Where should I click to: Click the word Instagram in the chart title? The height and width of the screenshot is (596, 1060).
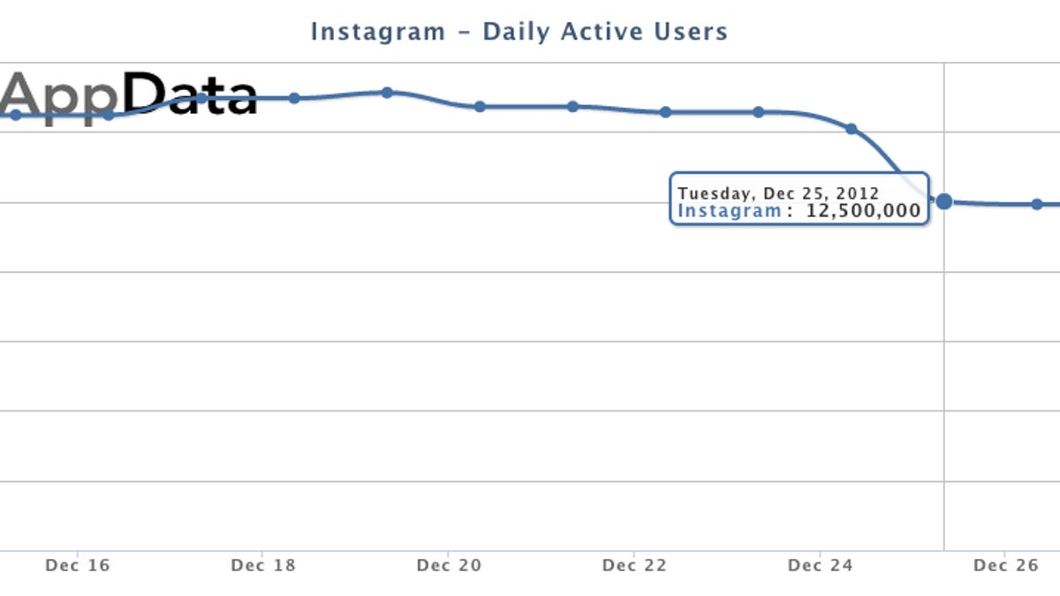coord(378,32)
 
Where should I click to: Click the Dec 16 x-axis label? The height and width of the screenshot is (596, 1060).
coord(78,565)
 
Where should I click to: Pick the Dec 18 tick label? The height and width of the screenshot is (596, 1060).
coord(263,565)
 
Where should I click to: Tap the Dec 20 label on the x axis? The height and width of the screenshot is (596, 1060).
coord(449,565)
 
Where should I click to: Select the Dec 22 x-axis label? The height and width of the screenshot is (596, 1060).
coord(634,565)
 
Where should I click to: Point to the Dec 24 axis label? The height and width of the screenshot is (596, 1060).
coord(820,565)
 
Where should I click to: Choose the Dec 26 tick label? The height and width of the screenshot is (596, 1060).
coord(1005,565)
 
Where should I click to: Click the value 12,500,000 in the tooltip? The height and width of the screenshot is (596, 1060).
coord(863,211)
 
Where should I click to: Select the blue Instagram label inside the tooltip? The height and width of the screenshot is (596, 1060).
coord(729,211)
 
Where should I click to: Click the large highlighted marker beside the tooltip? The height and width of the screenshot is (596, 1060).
coord(943,201)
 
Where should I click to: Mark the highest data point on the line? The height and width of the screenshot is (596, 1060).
coord(387,92)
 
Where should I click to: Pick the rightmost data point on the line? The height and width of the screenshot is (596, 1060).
coord(1037,204)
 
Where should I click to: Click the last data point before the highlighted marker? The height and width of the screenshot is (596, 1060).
coord(851,129)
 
